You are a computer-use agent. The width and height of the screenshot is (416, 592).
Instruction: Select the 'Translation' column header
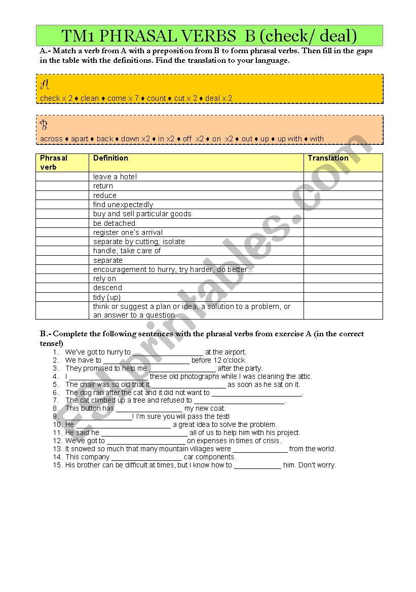click(328, 158)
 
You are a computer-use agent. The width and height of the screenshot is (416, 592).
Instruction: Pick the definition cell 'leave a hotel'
click(115, 177)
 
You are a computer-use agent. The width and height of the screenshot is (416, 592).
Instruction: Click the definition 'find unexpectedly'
click(123, 205)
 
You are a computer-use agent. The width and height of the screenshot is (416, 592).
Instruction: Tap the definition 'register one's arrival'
click(128, 232)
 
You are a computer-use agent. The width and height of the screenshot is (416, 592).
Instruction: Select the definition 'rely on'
click(104, 279)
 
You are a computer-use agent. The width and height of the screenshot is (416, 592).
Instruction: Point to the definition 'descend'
click(107, 288)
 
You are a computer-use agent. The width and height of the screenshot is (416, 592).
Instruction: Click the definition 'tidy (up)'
click(106, 297)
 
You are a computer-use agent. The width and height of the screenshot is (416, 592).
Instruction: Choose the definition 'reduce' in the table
click(104, 195)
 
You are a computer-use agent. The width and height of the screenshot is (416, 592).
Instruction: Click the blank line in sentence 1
click(167, 352)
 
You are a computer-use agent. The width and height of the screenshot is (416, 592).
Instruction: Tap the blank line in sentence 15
click(257, 465)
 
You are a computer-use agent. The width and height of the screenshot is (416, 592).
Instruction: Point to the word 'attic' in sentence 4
click(303, 376)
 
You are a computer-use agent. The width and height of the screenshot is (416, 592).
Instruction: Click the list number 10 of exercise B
click(57, 424)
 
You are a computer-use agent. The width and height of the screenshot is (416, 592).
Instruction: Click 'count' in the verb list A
click(156, 98)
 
